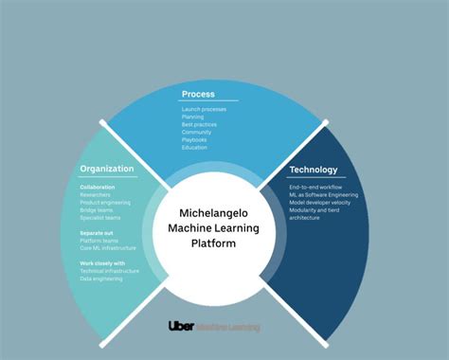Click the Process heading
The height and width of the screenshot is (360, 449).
click(198, 95)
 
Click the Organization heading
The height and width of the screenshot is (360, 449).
click(107, 169)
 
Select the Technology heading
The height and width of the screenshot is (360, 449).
click(314, 170)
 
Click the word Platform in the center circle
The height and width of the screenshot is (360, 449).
click(224, 243)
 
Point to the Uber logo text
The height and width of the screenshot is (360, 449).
click(182, 326)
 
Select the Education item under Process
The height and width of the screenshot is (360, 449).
click(195, 148)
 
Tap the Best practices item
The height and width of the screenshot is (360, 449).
click(199, 125)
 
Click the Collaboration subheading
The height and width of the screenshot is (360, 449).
click(98, 188)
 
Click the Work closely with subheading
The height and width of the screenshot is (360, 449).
click(101, 263)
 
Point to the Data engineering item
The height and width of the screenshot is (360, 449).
click(103, 279)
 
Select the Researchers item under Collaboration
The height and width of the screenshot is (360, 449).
click(98, 195)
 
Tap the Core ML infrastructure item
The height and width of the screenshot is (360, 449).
click(107, 248)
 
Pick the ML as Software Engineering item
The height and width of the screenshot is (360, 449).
click(325, 195)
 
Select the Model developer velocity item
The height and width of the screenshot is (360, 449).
click(323, 203)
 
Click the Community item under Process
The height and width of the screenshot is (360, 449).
click(196, 133)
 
